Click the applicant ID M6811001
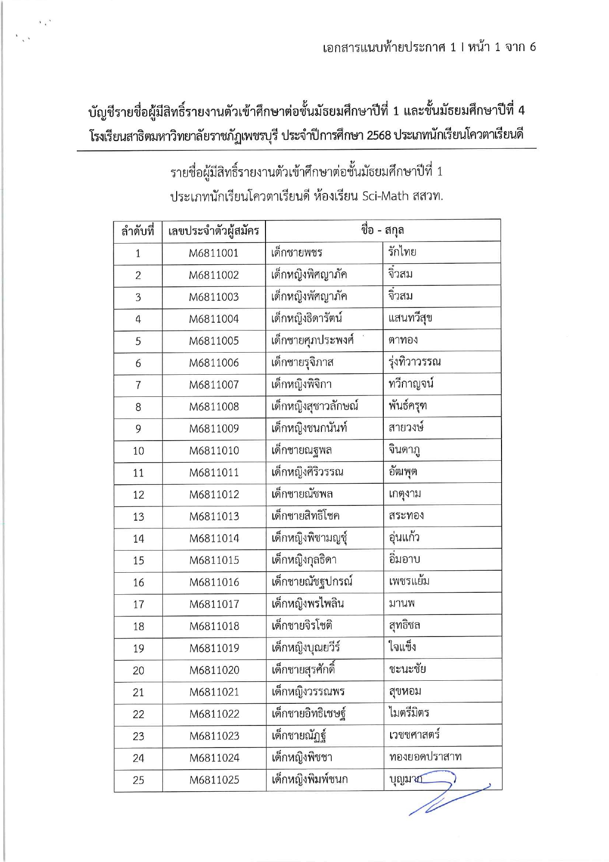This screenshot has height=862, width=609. [213, 253]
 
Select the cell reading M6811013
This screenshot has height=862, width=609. [214, 516]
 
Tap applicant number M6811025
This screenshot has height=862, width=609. [214, 779]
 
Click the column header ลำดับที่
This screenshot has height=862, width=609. [137, 230]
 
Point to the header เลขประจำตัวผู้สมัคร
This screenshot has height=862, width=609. [213, 230]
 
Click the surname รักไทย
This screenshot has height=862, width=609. [402, 252]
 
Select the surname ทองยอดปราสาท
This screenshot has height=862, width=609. [425, 757]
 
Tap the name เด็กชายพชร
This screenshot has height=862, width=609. [297, 252]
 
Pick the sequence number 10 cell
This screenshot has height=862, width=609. [138, 450]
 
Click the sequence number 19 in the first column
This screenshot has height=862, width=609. [138, 648]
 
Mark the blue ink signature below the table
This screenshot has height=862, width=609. [442, 796]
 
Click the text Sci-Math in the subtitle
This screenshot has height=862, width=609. [385, 196]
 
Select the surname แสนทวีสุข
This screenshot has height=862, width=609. [410, 318]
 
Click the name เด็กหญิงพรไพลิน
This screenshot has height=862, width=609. [308, 604]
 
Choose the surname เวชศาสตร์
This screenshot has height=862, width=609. [414, 735]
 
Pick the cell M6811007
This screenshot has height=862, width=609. [214, 385]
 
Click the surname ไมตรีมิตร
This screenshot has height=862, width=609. [409, 713]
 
